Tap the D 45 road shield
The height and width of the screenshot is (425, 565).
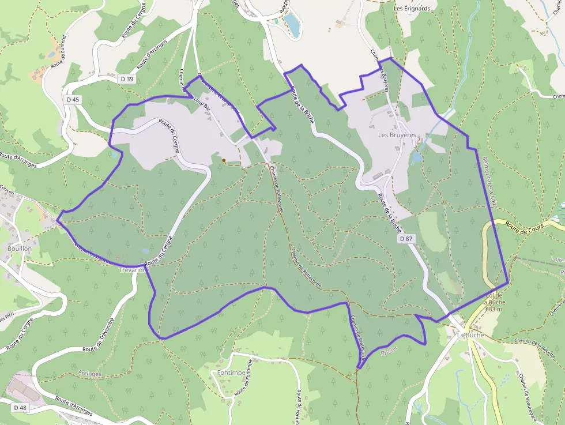(73, 99)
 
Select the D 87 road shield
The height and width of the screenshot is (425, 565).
(407, 238)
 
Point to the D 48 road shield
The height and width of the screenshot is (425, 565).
(19, 408)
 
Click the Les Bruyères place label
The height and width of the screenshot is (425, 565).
(397, 135)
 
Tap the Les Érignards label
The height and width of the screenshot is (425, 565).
(412, 9)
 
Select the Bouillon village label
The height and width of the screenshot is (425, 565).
(20, 248)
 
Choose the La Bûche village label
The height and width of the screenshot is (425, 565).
(470, 334)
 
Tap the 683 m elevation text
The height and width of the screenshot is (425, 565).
(495, 309)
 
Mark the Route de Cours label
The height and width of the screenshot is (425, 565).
(524, 225)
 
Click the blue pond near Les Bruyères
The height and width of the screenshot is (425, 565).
(416, 157)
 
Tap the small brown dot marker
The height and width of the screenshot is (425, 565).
(224, 160)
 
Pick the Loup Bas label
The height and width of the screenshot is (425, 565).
(202, 107)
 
